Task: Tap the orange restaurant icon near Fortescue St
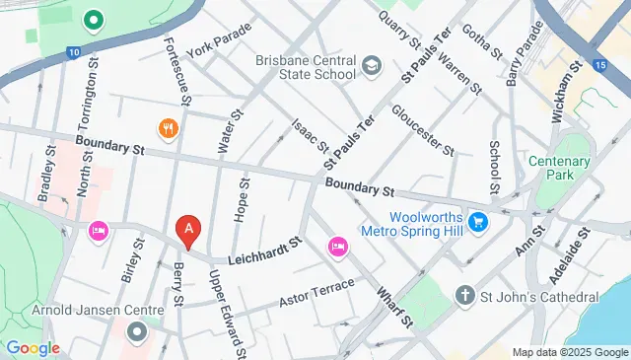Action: tap(168, 128)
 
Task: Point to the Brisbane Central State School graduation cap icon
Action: tap(372, 66)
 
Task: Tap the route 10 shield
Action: tap(74, 51)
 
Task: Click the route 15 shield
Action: tap(599, 65)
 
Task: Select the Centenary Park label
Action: tap(559, 170)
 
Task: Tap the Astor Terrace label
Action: tap(312, 294)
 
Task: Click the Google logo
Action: tap(32, 348)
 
